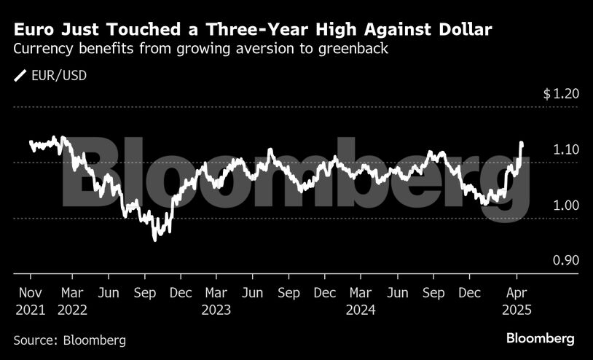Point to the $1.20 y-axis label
(x=560, y=95)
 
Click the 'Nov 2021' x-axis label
(x=31, y=300)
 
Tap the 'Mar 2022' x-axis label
(x=73, y=300)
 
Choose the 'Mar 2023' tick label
(x=216, y=300)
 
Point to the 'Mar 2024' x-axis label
(x=361, y=300)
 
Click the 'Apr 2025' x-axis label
(x=517, y=300)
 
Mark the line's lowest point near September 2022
(x=154, y=240)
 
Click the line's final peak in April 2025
(x=521, y=144)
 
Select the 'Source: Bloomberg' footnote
(x=70, y=340)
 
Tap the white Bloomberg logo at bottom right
(x=541, y=339)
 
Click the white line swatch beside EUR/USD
(x=20, y=75)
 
